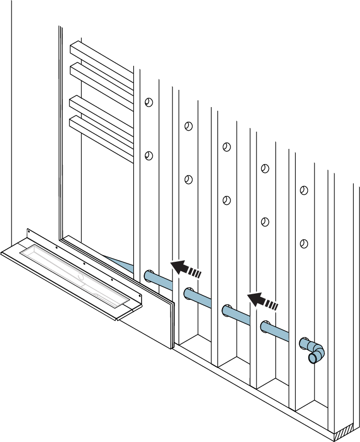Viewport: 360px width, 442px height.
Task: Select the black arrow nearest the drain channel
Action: [x=185, y=269]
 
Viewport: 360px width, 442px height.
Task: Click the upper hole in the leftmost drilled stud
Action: [x=149, y=102]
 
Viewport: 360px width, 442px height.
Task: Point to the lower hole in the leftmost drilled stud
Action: [x=149, y=156]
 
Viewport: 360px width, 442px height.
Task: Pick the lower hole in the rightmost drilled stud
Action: [x=304, y=243]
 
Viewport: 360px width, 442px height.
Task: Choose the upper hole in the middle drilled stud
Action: [x=226, y=147]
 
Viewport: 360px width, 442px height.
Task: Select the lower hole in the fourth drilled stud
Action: [x=265, y=222]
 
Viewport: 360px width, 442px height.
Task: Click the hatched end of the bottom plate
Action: [x=346, y=433]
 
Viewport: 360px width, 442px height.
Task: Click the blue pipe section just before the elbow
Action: [x=285, y=334]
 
